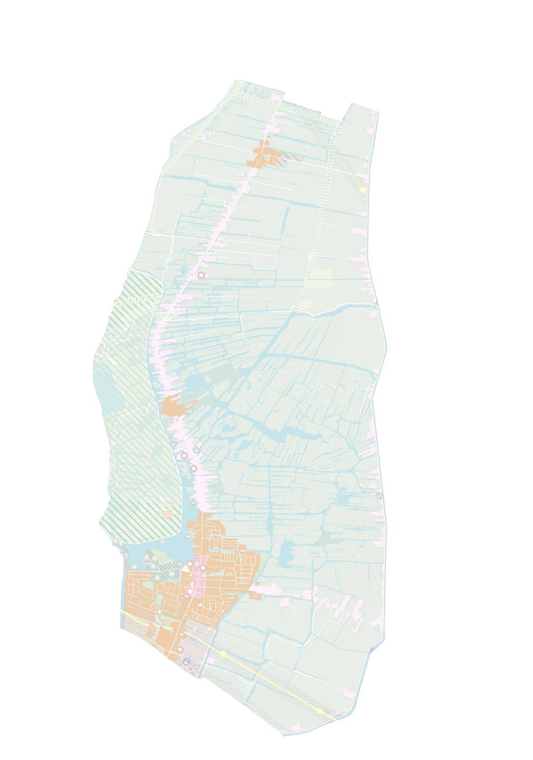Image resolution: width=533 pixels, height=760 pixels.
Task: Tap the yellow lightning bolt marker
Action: coord(363,190)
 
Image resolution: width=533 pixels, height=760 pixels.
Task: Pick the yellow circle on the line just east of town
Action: coord(223,654)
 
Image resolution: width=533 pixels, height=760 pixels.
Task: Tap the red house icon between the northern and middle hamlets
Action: coord(201,275)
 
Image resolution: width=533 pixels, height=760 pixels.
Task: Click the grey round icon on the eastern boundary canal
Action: coord(379,496)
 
